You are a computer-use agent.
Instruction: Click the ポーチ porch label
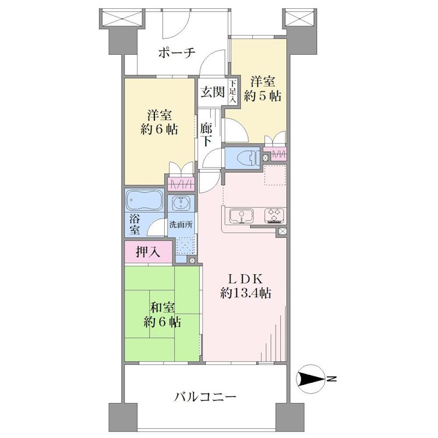[x=176, y=53]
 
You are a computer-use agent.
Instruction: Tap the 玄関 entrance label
[x=213, y=92]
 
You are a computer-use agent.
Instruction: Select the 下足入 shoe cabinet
[x=233, y=91]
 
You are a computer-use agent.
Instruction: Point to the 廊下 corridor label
[x=206, y=135]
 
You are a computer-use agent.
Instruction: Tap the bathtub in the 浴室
[x=145, y=200]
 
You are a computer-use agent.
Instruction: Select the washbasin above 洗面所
[x=181, y=203]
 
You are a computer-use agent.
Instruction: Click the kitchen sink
[x=241, y=216]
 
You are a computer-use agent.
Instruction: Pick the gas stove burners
[x=274, y=216]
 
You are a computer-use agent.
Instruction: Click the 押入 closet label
[x=148, y=252]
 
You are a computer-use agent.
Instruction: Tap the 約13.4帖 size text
[x=245, y=293]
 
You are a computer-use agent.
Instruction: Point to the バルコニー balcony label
[x=205, y=396]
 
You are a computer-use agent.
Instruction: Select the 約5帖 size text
[x=263, y=96]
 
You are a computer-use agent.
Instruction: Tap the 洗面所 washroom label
[x=181, y=224]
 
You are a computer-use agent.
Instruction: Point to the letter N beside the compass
[x=332, y=379]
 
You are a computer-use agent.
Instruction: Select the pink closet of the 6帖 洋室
[x=181, y=185]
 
